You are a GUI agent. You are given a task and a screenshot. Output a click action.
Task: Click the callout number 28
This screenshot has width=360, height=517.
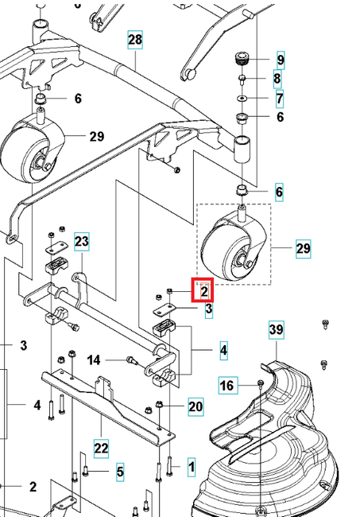(134, 40)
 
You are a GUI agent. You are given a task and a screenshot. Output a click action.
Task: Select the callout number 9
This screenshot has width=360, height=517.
(280, 60)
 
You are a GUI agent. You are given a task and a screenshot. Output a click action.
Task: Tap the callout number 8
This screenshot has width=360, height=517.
(277, 79)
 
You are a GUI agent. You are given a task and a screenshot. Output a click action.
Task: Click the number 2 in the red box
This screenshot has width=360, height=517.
(203, 291)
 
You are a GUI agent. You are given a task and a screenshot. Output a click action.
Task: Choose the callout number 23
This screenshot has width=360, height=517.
(83, 240)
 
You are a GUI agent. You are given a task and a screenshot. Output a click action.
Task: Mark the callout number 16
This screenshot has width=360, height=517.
(228, 386)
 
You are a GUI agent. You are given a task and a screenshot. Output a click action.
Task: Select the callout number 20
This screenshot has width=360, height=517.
(195, 407)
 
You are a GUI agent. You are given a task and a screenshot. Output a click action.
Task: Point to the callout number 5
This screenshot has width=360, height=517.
(120, 472)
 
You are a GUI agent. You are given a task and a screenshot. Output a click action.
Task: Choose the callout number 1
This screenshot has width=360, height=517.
(191, 463)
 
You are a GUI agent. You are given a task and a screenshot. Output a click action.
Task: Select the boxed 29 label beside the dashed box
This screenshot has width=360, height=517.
(303, 249)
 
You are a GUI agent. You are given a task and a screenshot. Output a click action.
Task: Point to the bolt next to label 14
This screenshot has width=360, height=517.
(132, 360)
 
